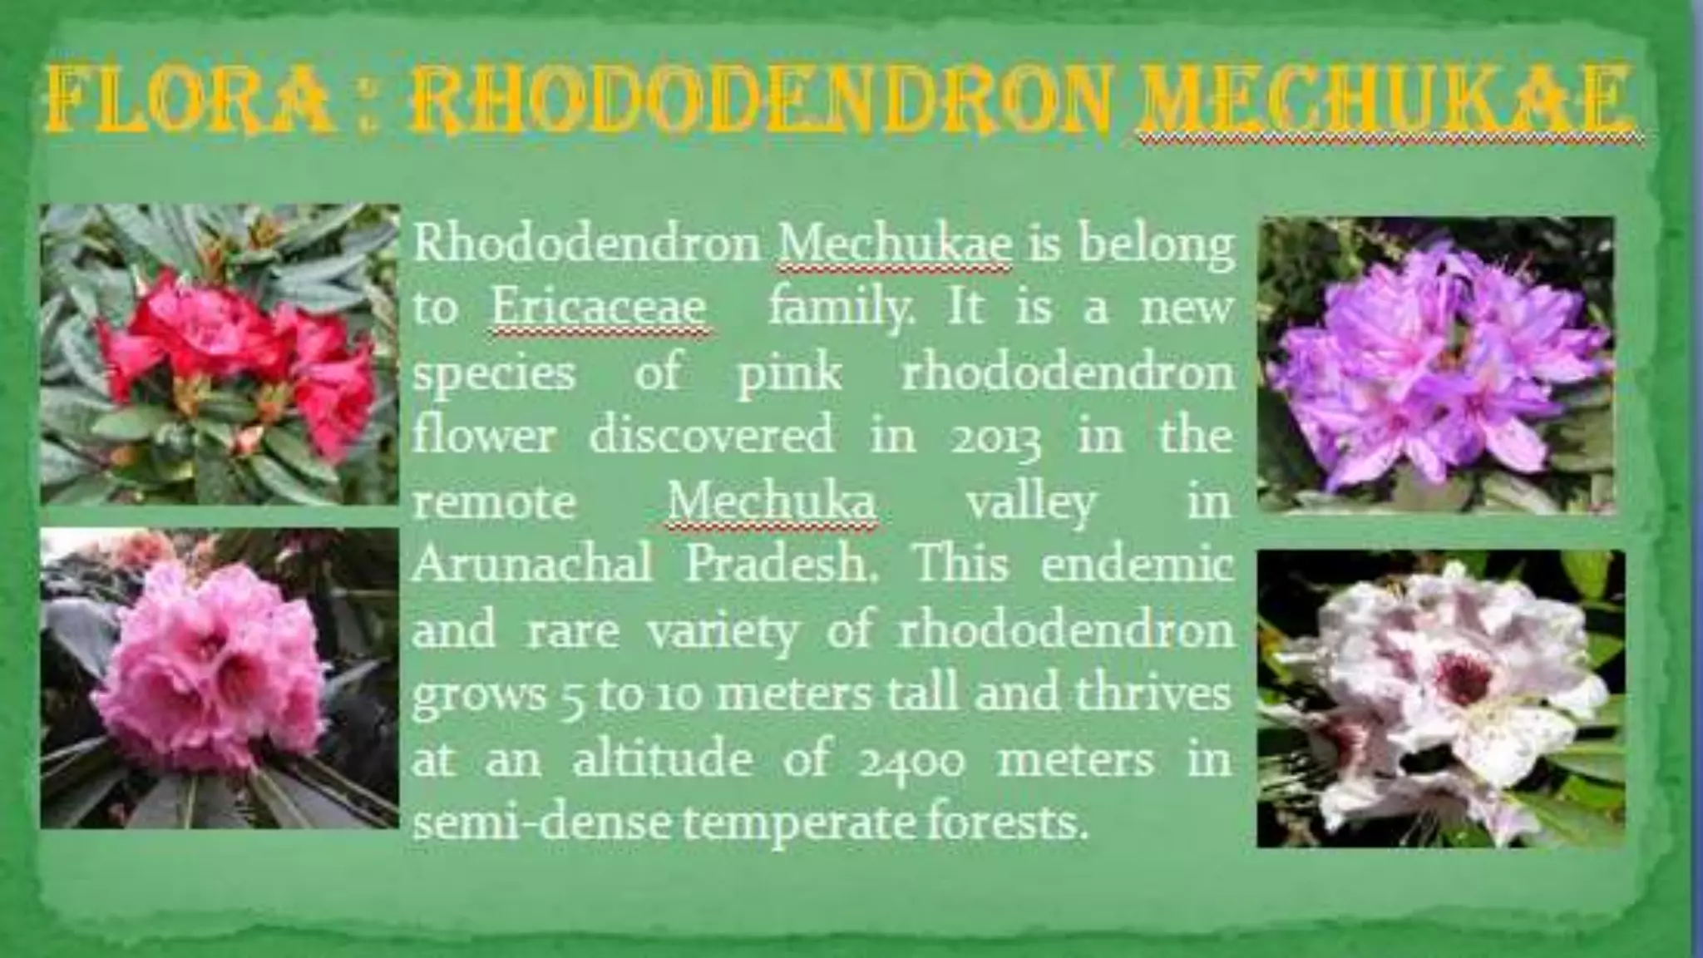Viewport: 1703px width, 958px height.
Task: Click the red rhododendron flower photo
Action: [220, 355]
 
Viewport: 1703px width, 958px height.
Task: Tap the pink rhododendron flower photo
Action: [220, 678]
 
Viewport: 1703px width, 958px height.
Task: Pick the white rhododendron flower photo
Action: [1439, 699]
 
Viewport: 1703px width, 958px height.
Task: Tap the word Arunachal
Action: [532, 565]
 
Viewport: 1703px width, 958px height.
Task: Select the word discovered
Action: [712, 436]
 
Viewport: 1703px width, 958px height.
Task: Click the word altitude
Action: [662, 759]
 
